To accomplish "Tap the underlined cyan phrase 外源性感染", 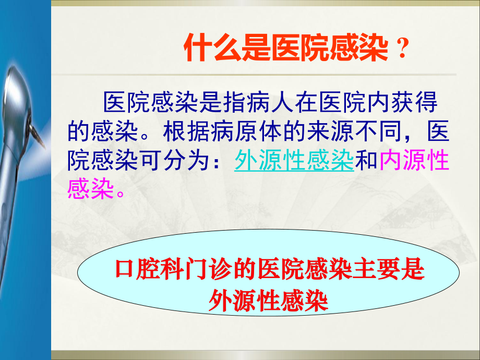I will [294, 161].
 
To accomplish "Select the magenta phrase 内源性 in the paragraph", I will [415, 161].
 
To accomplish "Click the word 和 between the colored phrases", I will [367, 161].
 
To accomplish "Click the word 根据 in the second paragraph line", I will [187, 131].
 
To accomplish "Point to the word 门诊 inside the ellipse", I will [210, 271].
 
